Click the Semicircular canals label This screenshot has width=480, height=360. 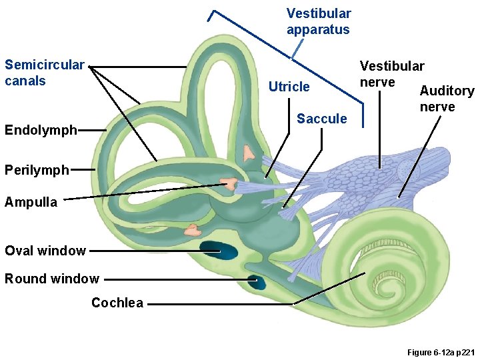click(x=45, y=73)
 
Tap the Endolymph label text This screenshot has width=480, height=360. click(x=41, y=130)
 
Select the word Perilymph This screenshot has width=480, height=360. click(x=37, y=170)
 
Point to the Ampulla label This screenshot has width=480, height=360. click(x=31, y=202)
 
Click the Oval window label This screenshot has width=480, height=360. click(x=45, y=251)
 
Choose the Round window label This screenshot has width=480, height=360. click(x=52, y=279)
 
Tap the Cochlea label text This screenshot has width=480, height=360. click(x=117, y=303)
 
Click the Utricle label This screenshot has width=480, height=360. click(x=289, y=87)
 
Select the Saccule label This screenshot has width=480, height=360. click(x=322, y=119)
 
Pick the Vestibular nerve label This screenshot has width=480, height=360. click(x=391, y=73)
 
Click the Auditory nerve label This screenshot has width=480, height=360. click(x=446, y=99)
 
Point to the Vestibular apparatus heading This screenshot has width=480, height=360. click(x=318, y=21)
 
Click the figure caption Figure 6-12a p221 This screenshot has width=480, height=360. click(x=431, y=351)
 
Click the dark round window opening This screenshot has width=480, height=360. click(x=255, y=282)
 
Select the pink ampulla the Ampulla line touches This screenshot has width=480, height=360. click(x=229, y=183)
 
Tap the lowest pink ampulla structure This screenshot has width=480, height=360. click(x=192, y=231)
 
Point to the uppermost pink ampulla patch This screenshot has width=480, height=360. click(x=249, y=153)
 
